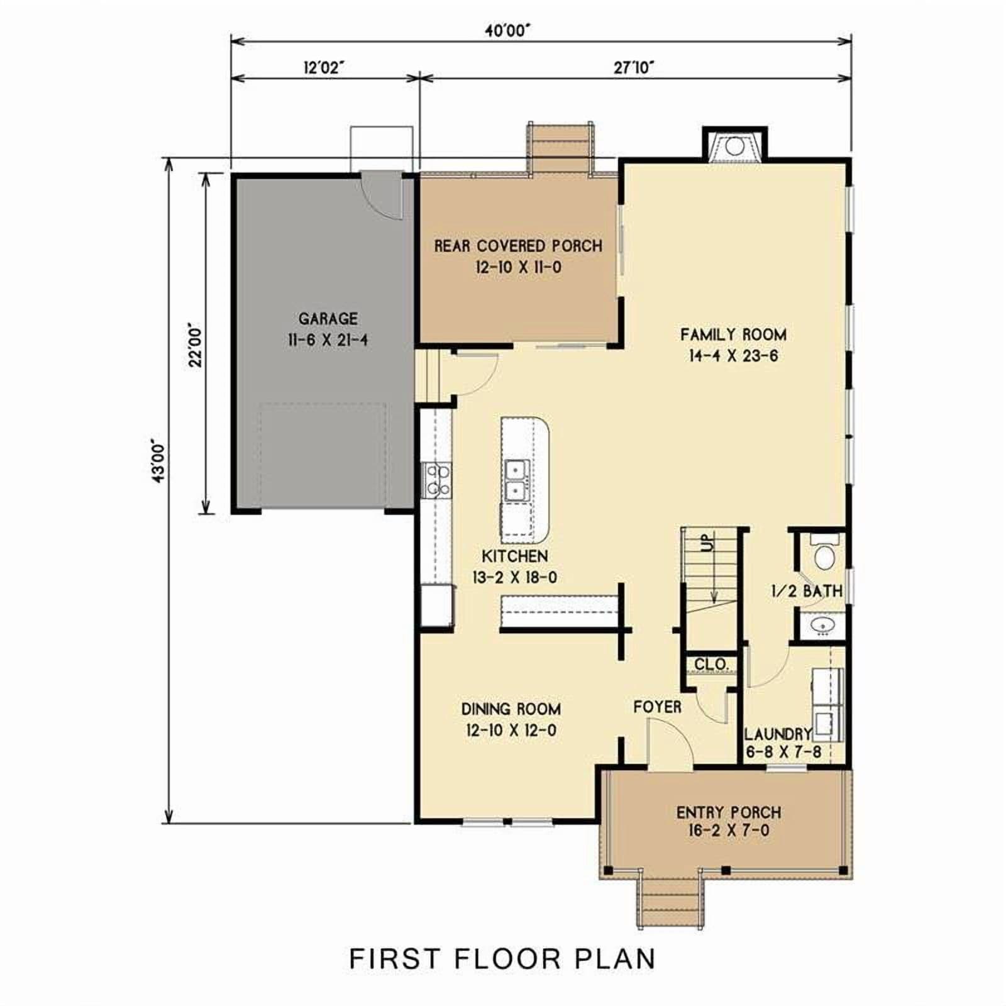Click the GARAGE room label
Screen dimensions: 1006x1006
click(x=328, y=319)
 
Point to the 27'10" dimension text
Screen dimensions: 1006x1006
click(x=634, y=67)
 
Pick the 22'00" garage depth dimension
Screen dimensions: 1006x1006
click(x=196, y=345)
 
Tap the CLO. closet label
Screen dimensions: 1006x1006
click(x=711, y=665)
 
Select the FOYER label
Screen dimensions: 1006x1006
click(x=657, y=707)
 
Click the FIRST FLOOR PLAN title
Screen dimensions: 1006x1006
click(x=502, y=959)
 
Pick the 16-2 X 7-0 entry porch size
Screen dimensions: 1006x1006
click(x=728, y=831)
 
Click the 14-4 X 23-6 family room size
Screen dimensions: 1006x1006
click(x=733, y=356)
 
